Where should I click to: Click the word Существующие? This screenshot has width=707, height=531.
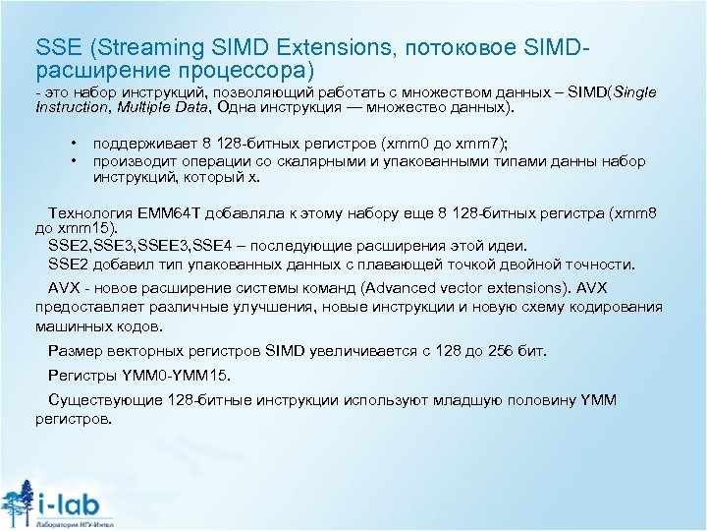click(101, 400)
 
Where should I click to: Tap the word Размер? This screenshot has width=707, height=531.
click(74, 351)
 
